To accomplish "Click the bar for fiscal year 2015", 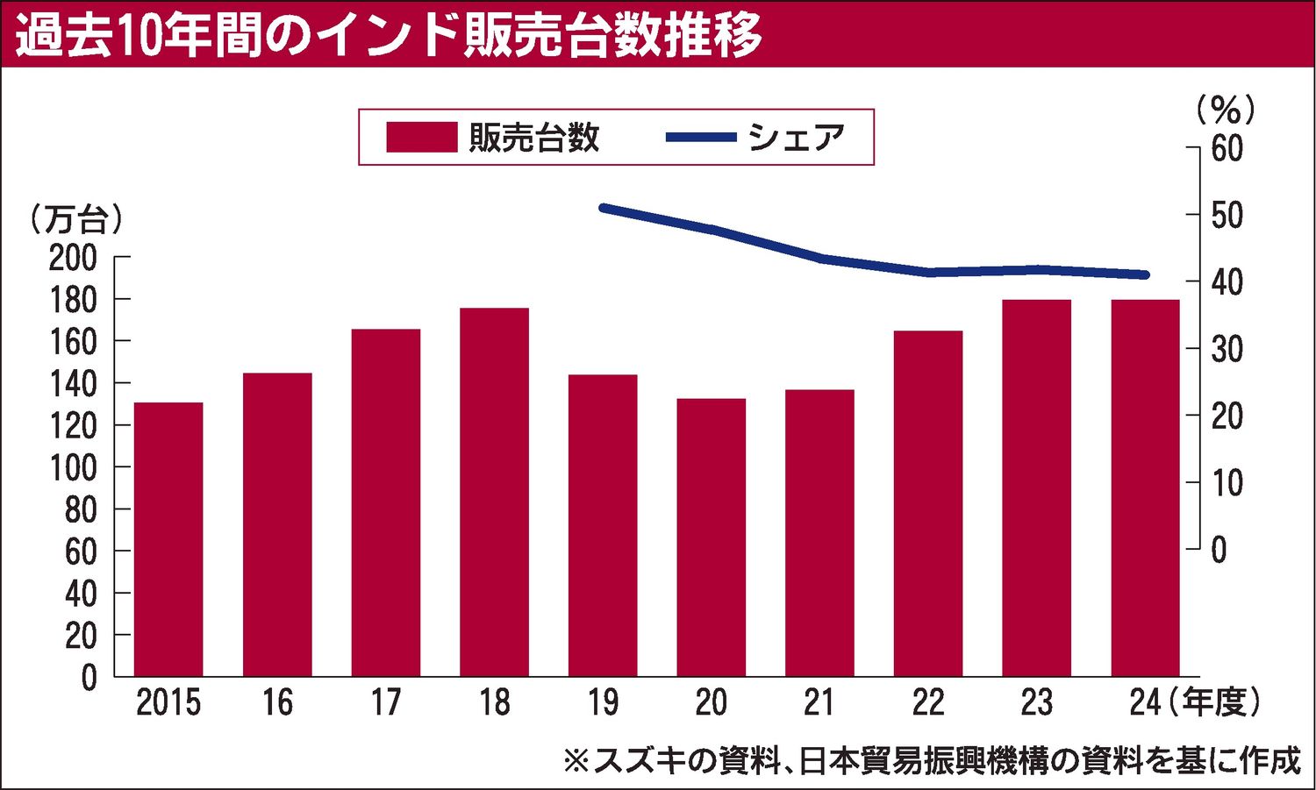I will (168, 538).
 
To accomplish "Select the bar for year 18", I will (494, 491).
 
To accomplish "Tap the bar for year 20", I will (711, 537).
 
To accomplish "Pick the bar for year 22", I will (928, 502).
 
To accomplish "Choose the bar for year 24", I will (1145, 488).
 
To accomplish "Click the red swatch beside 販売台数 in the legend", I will (421, 138).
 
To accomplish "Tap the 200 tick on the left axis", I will (73, 258).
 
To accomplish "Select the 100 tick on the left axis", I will (73, 468).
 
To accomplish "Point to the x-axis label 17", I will (385, 702).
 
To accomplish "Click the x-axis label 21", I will (819, 702).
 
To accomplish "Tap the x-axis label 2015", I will (168, 702).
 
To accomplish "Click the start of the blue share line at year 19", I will (603, 208).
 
